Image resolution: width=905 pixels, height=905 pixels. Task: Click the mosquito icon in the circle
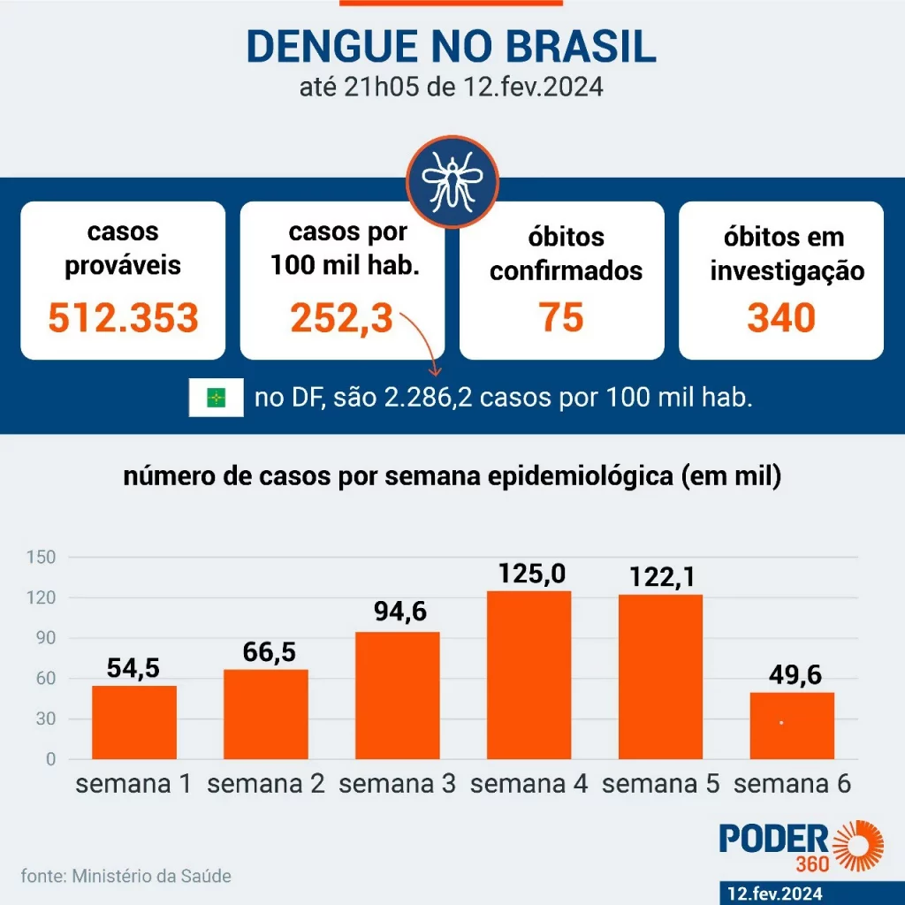(x=452, y=182)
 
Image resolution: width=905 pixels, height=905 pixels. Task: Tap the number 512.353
(x=123, y=317)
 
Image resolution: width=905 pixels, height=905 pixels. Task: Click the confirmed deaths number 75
(x=561, y=316)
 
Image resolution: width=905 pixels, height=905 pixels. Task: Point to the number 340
(x=780, y=317)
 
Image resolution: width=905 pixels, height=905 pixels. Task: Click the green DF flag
(x=216, y=398)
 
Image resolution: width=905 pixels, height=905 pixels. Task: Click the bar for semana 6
(x=792, y=726)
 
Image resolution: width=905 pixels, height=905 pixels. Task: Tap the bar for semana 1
(x=134, y=722)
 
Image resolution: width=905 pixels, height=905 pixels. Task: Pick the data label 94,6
(x=397, y=611)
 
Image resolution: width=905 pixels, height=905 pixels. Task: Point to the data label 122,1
(x=662, y=576)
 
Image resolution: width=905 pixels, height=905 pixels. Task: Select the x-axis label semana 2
(x=266, y=784)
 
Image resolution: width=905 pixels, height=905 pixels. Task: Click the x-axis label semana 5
(x=661, y=784)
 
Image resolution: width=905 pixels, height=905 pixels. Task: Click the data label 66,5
(x=266, y=652)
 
